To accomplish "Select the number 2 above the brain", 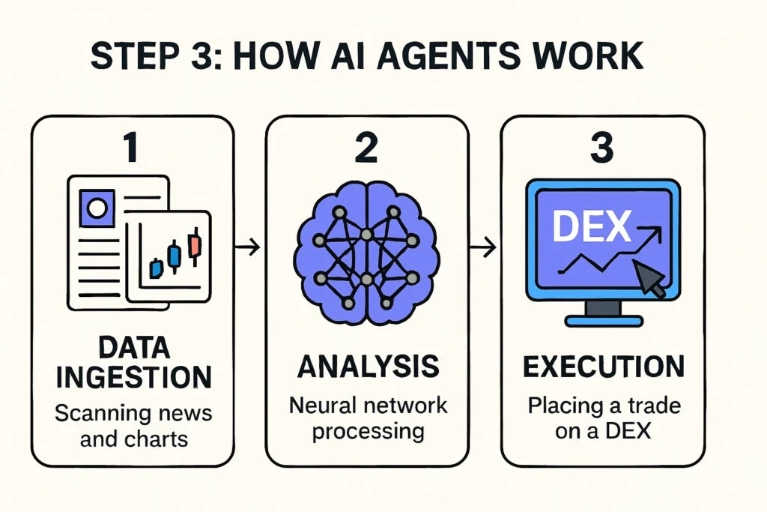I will [x=366, y=148].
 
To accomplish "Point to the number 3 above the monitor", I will [x=601, y=148].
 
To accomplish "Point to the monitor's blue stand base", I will [x=602, y=321].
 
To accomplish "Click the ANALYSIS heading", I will [x=367, y=367].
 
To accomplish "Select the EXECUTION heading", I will [x=603, y=367].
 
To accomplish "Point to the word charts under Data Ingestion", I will [x=156, y=439].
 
